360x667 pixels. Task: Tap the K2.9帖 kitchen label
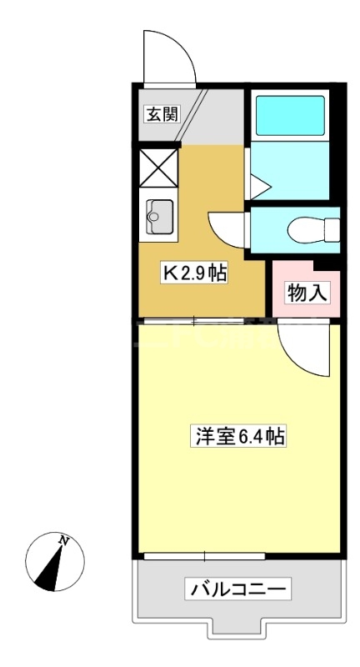[x=195, y=273]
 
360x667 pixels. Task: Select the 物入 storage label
[x=305, y=293]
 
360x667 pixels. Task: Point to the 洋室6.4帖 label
[x=242, y=434]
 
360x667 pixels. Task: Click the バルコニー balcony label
[x=239, y=590]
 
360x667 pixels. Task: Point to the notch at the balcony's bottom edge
[x=237, y=627]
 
